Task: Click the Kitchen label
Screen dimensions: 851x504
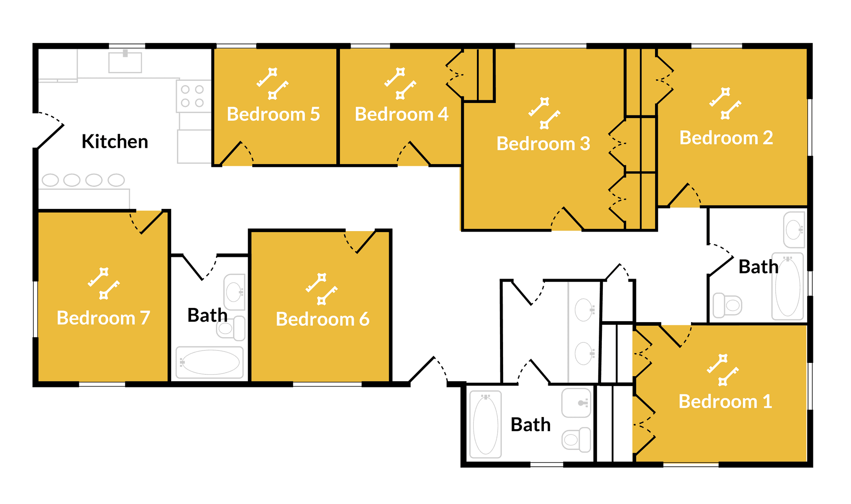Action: pyautogui.click(x=115, y=142)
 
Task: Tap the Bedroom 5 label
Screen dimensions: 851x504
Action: pyautogui.click(x=273, y=114)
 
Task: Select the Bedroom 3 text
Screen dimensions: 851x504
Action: pyautogui.click(x=543, y=143)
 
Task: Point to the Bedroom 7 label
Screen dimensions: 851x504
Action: pyautogui.click(x=104, y=318)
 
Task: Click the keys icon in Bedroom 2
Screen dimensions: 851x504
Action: pyautogui.click(x=725, y=103)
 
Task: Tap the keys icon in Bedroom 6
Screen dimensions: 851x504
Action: pyautogui.click(x=322, y=289)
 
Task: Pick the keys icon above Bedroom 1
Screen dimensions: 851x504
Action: pyautogui.click(x=723, y=370)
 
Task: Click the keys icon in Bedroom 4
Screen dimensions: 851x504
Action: pyautogui.click(x=400, y=83)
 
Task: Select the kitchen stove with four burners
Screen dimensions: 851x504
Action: pyautogui.click(x=194, y=96)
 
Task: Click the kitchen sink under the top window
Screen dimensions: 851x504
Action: pyautogui.click(x=125, y=61)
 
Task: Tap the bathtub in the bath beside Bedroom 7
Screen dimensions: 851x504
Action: pyautogui.click(x=210, y=362)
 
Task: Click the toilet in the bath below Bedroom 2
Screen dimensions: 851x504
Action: pyautogui.click(x=727, y=305)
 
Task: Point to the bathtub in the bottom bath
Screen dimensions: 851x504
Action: pyautogui.click(x=486, y=424)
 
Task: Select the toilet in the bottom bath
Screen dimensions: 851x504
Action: pyautogui.click(x=577, y=440)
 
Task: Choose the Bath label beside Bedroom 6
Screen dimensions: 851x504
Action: pyautogui.click(x=207, y=315)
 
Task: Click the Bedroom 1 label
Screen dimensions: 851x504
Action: pyautogui.click(x=725, y=402)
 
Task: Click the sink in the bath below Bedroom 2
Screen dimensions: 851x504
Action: pyautogui.click(x=794, y=230)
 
